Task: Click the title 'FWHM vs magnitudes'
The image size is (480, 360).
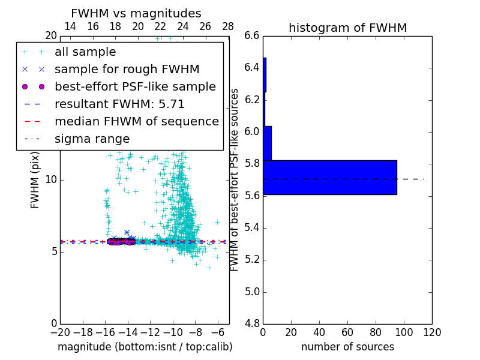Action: [136, 13]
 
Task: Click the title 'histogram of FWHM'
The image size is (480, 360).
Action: [347, 28]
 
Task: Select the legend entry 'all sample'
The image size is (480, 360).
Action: [85, 52]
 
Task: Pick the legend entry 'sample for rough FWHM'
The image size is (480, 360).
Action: [127, 69]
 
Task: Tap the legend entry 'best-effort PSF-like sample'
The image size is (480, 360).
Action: [135, 86]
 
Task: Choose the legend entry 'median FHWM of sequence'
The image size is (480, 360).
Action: [136, 121]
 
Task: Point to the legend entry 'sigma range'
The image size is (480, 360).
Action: [92, 139]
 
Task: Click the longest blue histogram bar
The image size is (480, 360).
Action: [329, 177]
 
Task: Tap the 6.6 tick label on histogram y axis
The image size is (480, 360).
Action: [252, 35]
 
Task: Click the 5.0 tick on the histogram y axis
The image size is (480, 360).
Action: [252, 292]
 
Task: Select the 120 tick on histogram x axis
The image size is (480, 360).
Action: [432, 332]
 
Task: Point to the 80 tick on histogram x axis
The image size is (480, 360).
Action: [376, 332]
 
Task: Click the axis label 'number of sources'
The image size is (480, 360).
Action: [347, 347]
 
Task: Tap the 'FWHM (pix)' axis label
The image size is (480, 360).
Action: [35, 179]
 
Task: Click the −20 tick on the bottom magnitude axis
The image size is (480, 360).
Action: [60, 332]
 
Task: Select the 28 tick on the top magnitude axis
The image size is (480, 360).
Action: [228, 26]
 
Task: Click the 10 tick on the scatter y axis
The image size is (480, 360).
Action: [51, 179]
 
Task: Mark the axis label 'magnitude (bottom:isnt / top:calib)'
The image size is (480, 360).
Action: [145, 347]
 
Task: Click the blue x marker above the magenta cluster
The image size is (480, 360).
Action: [127, 232]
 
